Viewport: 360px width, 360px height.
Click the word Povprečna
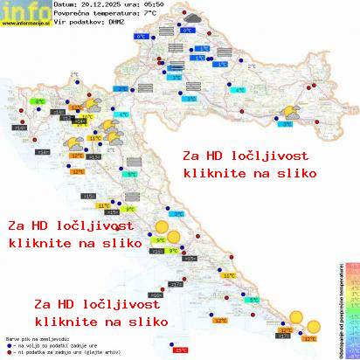tap(72, 14)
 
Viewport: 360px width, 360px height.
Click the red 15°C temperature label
tap(181, 350)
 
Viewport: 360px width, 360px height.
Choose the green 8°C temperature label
tap(38, 103)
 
